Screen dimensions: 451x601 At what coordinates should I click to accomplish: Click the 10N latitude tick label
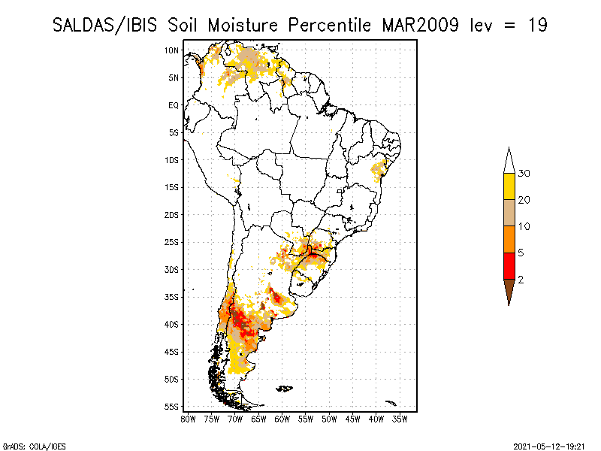pos(172,50)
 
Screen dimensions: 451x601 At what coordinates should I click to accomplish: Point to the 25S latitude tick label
pos(172,242)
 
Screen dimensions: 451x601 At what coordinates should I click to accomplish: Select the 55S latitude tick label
pos(172,406)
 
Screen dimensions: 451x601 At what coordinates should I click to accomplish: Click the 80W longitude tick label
pos(188,418)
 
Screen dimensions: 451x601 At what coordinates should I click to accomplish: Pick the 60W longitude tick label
pos(282,418)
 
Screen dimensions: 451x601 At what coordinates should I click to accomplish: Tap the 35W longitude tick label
pos(400,418)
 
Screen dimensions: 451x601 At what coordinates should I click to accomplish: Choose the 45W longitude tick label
pos(353,418)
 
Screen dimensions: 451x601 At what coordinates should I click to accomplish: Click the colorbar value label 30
pos(524,174)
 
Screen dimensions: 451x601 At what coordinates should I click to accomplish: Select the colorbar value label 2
pos(521,280)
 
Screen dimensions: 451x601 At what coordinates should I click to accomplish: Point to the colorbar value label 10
pos(524,226)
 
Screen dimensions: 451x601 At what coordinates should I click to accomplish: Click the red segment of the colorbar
pos(509,265)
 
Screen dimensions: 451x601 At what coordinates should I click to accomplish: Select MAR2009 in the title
pos(422,25)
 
